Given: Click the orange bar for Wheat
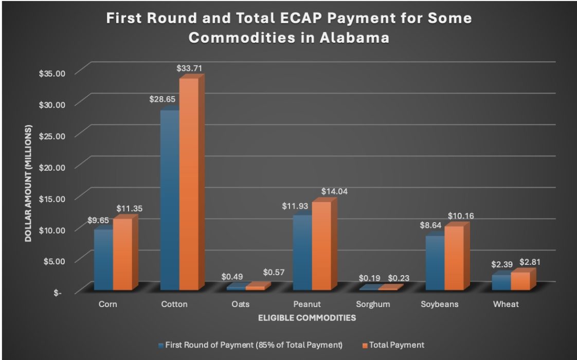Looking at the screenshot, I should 520,281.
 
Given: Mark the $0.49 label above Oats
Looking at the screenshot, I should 231,277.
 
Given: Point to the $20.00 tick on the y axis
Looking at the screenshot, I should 52,167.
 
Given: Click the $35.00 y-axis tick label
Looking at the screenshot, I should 52,73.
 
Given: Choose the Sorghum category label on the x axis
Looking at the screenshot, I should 373,304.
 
